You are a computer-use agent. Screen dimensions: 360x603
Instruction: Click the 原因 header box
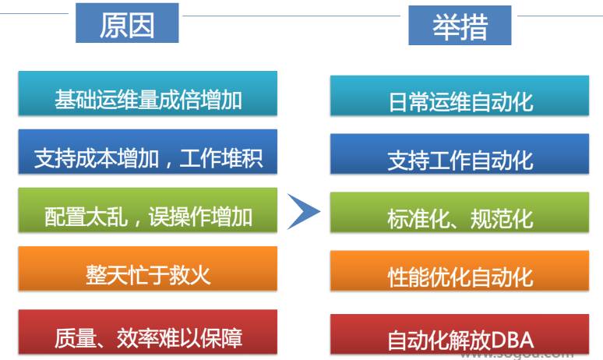tap(127, 25)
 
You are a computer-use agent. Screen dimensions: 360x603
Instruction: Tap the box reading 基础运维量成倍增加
tap(148, 98)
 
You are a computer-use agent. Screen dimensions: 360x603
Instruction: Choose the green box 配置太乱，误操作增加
tap(148, 214)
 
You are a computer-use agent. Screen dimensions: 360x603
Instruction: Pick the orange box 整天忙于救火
tap(148, 274)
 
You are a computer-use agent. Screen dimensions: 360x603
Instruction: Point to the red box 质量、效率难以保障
tap(148, 336)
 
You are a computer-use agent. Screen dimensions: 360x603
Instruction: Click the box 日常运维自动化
tap(460, 101)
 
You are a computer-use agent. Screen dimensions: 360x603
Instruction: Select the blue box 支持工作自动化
tap(460, 159)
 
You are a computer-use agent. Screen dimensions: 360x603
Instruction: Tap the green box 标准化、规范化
tap(460, 217)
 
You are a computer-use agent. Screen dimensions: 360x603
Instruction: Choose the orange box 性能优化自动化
tap(460, 276)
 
